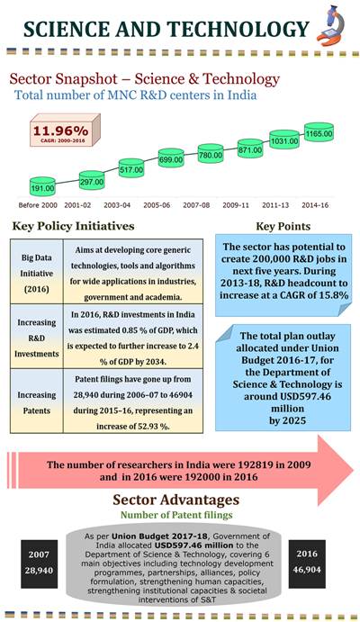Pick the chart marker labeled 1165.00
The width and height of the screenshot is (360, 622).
click(x=321, y=132)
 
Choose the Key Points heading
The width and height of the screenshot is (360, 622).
click(x=284, y=226)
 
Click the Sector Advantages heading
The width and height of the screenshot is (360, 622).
click(x=180, y=500)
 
